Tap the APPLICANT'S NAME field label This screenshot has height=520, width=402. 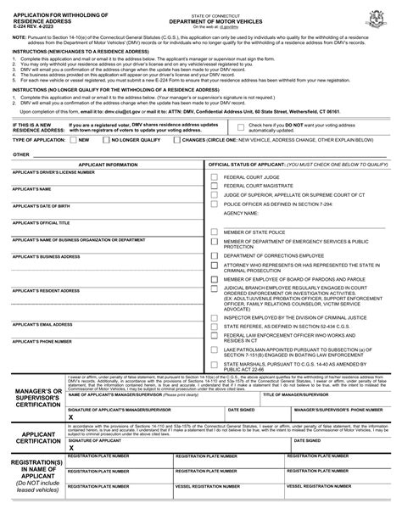coord(32,189)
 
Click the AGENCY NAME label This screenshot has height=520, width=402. coord(240,214)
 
